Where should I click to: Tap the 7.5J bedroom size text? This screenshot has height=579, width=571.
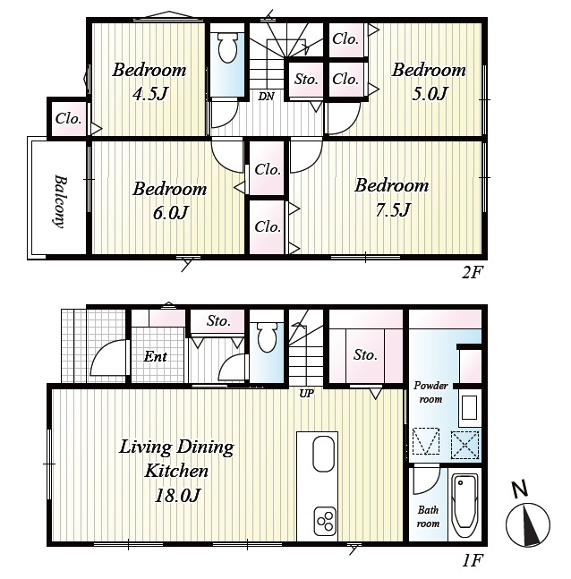[393, 210]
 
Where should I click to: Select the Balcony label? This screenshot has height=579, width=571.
[60, 201]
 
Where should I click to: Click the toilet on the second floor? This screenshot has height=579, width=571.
[227, 47]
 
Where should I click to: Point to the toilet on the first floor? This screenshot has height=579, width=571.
[267, 337]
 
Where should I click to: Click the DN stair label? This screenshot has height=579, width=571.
[266, 97]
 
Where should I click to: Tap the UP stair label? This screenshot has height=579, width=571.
[306, 394]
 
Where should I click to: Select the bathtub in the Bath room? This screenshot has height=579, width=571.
[465, 506]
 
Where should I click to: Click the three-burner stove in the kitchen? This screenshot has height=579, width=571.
[326, 521]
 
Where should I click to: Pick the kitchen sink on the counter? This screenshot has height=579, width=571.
[324, 454]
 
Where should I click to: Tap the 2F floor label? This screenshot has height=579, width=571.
[473, 273]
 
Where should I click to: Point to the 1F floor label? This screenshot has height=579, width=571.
[473, 560]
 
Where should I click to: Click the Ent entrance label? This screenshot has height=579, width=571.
[156, 356]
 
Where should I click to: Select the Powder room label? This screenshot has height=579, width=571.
[430, 392]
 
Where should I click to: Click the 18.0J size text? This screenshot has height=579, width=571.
[177, 495]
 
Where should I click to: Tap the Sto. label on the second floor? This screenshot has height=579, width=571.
[306, 79]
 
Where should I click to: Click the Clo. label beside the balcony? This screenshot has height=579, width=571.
[68, 118]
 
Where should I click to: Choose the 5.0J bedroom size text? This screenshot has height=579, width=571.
[430, 94]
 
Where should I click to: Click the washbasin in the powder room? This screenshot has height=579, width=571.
[470, 407]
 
